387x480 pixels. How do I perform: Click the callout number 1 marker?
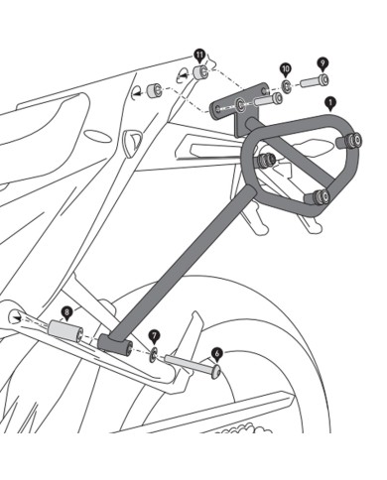click(330, 102)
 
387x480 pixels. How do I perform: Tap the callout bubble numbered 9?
click(322, 61)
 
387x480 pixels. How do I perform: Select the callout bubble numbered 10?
click(286, 69)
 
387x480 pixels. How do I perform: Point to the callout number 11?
click(200, 53)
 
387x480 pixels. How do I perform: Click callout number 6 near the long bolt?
click(217, 351)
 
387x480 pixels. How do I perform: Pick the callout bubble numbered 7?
click(154, 336)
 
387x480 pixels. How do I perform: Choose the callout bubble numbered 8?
click(66, 311)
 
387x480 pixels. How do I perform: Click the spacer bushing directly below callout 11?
click(200, 74)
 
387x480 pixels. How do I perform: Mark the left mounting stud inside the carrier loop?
click(265, 161)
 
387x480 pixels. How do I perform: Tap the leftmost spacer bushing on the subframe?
click(154, 91)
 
